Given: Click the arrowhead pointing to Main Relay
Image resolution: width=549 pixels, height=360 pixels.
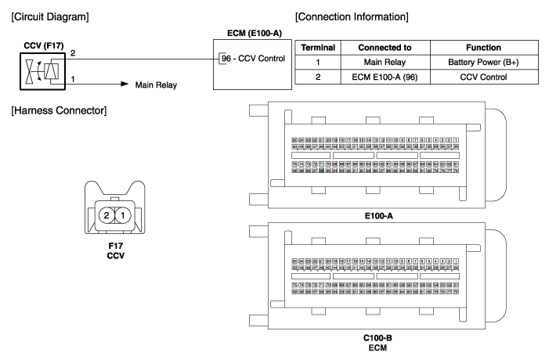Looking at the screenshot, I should tap(123, 81).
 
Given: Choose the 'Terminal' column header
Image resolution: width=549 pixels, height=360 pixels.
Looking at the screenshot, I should tap(320, 48).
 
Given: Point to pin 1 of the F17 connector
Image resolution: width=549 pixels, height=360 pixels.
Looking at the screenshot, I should tap(121, 214).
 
